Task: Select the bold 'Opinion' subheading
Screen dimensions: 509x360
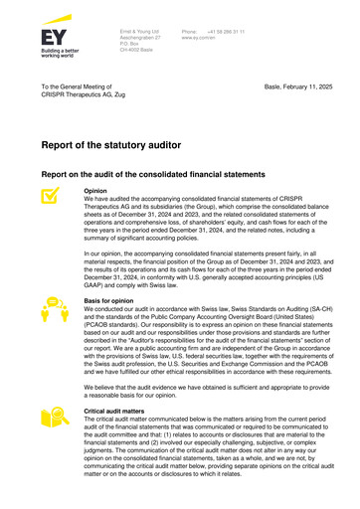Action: [96, 190]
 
